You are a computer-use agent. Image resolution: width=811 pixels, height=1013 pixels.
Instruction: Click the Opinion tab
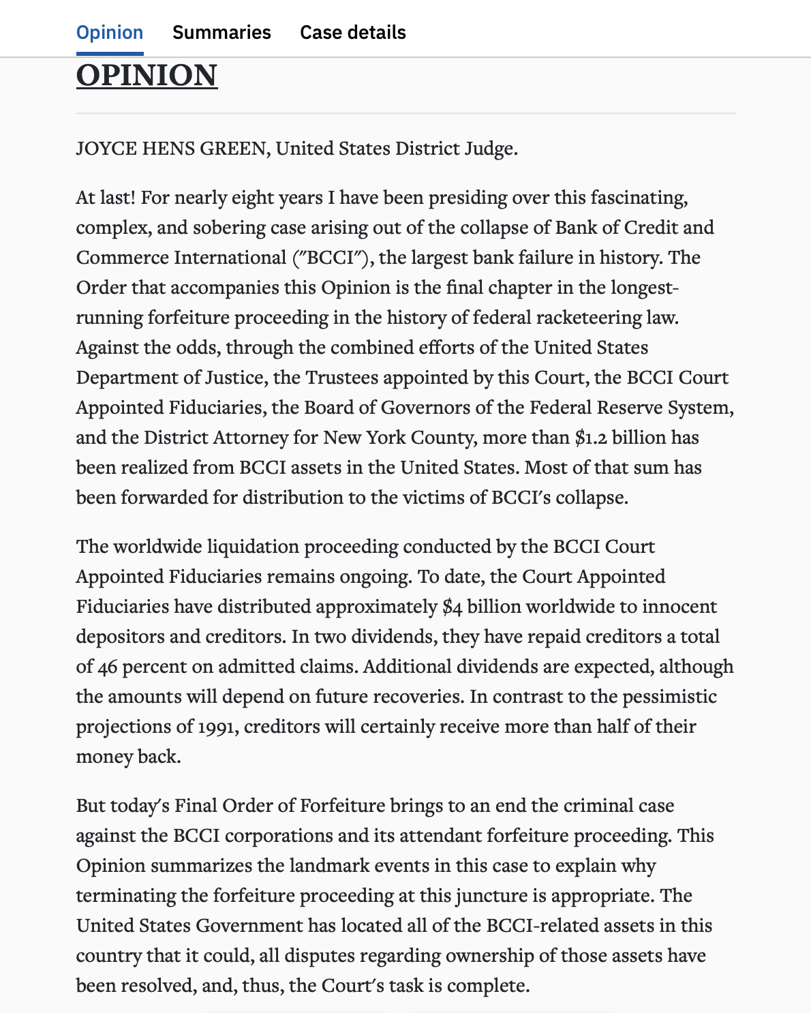(x=110, y=33)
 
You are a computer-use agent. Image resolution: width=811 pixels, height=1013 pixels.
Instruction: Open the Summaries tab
(x=221, y=33)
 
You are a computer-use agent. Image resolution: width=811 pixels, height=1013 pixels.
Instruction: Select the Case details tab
(x=352, y=33)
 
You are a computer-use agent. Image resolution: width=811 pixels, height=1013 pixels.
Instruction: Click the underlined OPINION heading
(x=147, y=75)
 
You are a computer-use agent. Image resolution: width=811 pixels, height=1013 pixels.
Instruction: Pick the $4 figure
(x=452, y=607)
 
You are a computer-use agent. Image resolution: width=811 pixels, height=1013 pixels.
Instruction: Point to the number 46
(x=107, y=667)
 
